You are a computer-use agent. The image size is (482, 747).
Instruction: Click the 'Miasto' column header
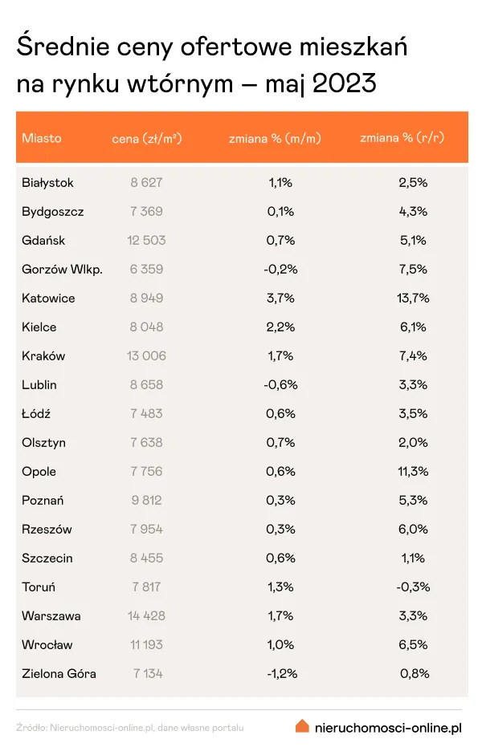pyautogui.click(x=42, y=138)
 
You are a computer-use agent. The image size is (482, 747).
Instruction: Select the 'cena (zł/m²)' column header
pyautogui.click(x=147, y=138)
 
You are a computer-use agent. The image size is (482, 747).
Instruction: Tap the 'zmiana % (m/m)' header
pyautogui.click(x=275, y=138)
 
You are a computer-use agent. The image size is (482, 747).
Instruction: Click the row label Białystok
pyautogui.click(x=48, y=183)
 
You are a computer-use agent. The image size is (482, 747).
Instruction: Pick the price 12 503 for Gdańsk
pyautogui.click(x=146, y=241)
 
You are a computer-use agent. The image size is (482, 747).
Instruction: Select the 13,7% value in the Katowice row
pyautogui.click(x=413, y=298)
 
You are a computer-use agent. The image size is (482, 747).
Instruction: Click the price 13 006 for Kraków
pyautogui.click(x=146, y=356)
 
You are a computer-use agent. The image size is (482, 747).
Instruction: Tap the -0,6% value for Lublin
pyautogui.click(x=280, y=385)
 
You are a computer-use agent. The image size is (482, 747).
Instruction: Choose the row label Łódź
pyautogui.click(x=36, y=414)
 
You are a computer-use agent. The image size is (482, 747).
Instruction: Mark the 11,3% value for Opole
pyautogui.click(x=413, y=472)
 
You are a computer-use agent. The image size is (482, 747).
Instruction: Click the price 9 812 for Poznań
pyautogui.click(x=146, y=501)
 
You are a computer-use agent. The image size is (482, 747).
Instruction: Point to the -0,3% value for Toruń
pyautogui.click(x=413, y=587)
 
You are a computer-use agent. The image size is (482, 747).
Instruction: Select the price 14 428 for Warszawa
pyautogui.click(x=146, y=616)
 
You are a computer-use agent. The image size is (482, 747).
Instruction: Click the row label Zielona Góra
pyautogui.click(x=59, y=674)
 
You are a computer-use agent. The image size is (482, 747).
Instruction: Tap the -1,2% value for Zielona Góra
pyautogui.click(x=280, y=674)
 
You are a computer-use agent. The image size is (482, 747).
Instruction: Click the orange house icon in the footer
pyautogui.click(x=302, y=726)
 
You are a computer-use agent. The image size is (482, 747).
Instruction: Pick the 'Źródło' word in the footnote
pyautogui.click(x=31, y=728)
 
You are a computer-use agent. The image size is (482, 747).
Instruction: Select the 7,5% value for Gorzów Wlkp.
pyautogui.click(x=413, y=270)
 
